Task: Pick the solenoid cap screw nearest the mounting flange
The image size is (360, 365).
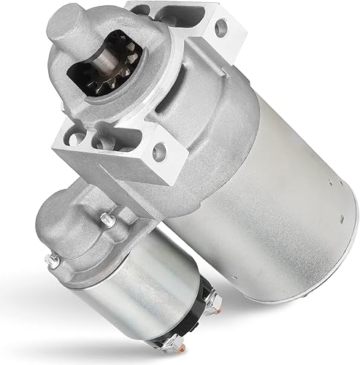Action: click(x=107, y=217)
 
